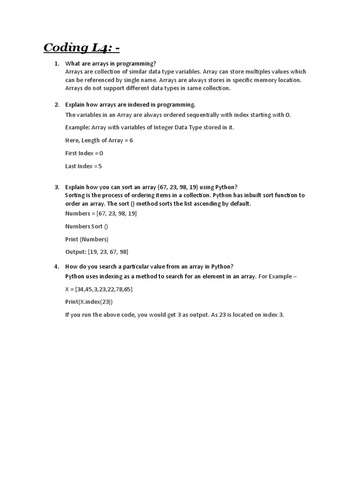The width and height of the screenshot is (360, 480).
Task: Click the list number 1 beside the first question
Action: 56,63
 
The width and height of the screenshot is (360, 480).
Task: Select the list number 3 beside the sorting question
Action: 56,187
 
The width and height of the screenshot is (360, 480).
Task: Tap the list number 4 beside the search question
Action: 56,267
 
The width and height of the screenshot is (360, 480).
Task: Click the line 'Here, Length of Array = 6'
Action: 99,140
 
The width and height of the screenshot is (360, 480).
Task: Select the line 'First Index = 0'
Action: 84,153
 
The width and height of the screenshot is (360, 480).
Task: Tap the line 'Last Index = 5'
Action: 83,166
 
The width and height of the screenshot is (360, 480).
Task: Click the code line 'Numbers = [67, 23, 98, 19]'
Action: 101,213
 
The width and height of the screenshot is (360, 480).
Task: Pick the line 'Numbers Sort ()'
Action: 86,226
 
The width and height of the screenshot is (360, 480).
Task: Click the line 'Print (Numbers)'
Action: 87,239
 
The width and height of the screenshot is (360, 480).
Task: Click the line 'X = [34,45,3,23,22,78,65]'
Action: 99,289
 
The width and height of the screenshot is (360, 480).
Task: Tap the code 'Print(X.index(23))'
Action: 89,302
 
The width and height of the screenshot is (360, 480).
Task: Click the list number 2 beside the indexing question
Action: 56,105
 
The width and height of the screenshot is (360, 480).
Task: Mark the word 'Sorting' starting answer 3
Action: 75,195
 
